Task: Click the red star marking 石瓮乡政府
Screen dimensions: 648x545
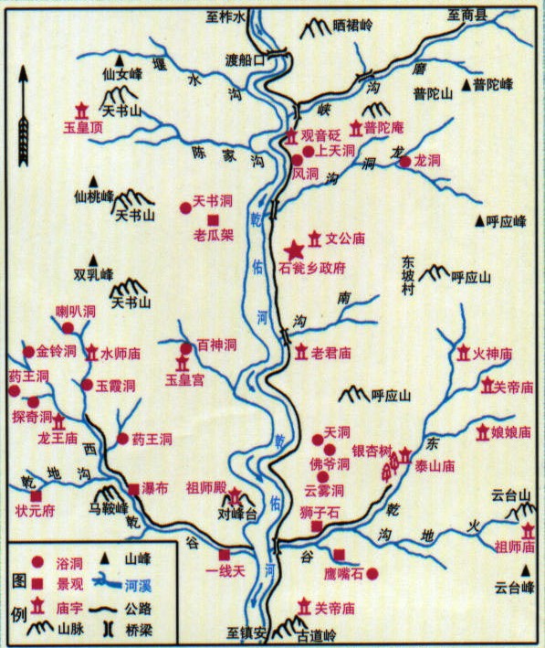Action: coord(294,250)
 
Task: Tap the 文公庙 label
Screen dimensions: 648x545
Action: coord(345,239)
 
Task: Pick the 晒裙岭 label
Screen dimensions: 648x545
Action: coord(353,28)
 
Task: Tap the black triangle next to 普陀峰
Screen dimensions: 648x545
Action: coord(467,86)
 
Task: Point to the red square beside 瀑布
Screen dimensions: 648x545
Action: coord(133,489)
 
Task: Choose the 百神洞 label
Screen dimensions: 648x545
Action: coord(217,346)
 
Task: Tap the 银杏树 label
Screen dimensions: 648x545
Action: coord(372,451)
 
